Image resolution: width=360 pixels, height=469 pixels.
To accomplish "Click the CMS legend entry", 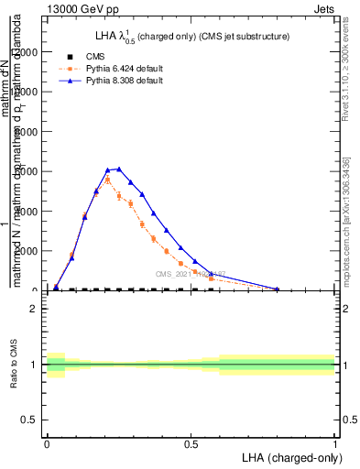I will tap(82, 57).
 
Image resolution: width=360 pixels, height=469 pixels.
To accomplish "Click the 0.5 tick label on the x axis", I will tap(191, 444).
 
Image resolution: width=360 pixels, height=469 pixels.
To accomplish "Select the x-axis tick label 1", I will tap(334, 444).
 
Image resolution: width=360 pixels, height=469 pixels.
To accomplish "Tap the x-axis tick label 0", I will tap(47, 444).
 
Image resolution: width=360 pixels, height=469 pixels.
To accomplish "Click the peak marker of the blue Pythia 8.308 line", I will tap(119, 169).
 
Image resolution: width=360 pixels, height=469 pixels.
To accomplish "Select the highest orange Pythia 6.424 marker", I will tap(107, 180).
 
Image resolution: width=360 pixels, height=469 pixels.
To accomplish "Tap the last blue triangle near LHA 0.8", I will tap(278, 289).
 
